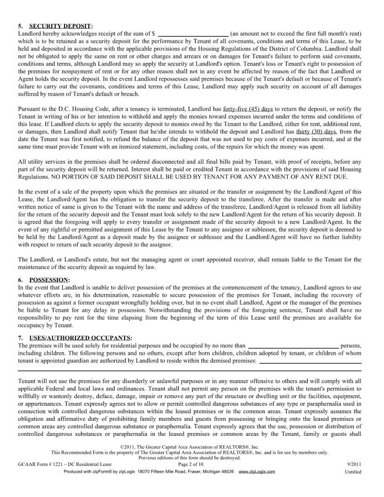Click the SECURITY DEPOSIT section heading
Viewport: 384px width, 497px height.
61,25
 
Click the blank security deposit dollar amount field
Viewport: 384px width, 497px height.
193,34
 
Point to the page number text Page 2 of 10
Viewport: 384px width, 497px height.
192,464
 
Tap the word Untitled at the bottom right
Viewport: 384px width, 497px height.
353,472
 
